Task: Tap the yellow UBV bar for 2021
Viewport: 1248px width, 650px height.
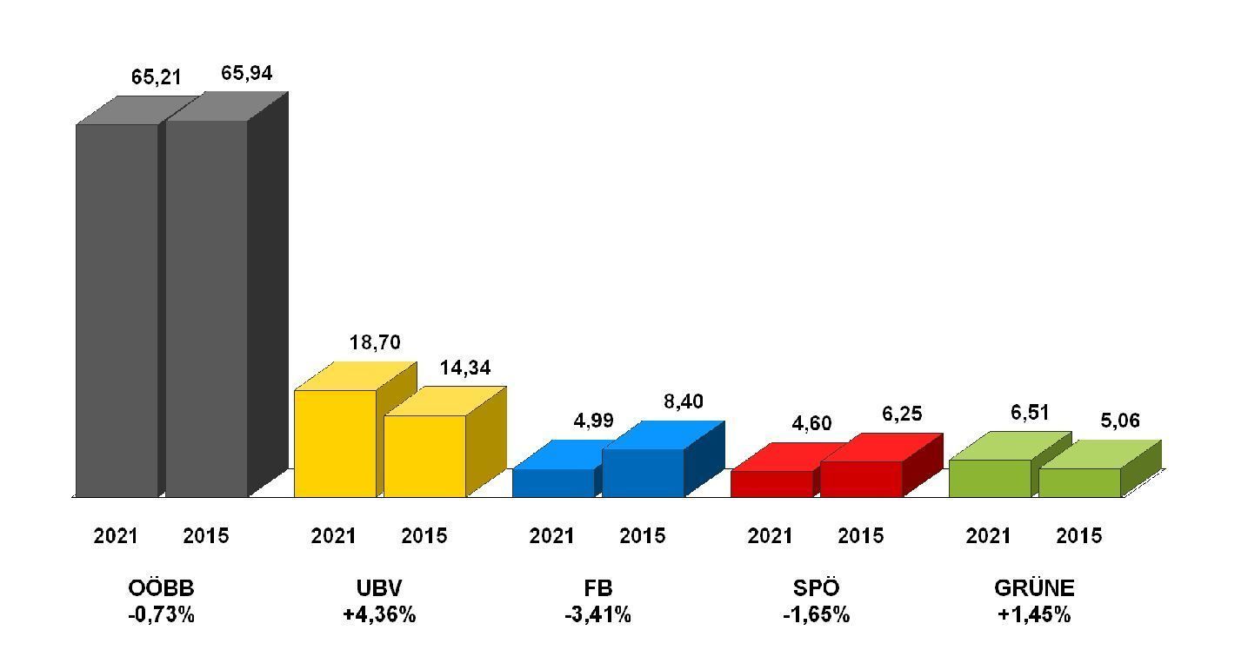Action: coord(335,443)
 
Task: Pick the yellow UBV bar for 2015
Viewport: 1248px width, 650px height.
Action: coord(424,456)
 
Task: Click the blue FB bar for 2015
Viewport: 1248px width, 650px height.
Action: coord(643,473)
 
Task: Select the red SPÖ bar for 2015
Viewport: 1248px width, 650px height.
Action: coord(861,479)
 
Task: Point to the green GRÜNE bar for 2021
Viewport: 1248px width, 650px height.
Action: coord(990,478)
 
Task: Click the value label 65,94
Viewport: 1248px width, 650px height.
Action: coord(246,73)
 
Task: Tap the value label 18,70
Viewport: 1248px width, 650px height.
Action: coord(375,342)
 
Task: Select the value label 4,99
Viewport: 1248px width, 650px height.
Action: coord(593,421)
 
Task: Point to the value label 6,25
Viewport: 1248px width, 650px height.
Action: coord(902,414)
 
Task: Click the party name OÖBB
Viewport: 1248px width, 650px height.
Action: coord(160,588)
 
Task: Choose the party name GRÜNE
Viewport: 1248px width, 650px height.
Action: coord(1034,588)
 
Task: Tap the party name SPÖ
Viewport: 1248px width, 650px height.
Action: coord(815,588)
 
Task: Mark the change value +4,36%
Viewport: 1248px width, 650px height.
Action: coord(379,615)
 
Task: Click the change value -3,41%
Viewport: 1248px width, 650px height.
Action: coord(597,615)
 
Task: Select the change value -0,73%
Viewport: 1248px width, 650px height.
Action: coord(160,615)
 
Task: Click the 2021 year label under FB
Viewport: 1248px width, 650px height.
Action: coord(551,536)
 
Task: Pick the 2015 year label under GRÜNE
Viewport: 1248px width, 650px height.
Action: coord(1078,536)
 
